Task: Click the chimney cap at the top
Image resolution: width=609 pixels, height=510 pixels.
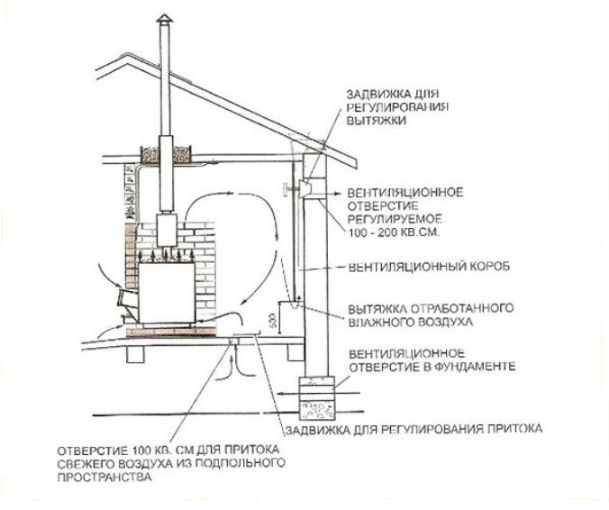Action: click(x=162, y=22)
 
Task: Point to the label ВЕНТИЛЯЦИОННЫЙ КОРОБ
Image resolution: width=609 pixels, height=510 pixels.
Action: click(x=423, y=268)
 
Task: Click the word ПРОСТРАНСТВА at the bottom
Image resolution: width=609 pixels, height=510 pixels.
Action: click(x=98, y=477)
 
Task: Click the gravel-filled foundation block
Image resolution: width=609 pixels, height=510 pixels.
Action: click(x=320, y=412)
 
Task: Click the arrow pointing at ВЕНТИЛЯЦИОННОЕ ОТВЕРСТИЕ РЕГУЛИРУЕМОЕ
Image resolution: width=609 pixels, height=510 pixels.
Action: click(x=330, y=193)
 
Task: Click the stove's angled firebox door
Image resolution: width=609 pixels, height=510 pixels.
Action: click(x=126, y=296)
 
